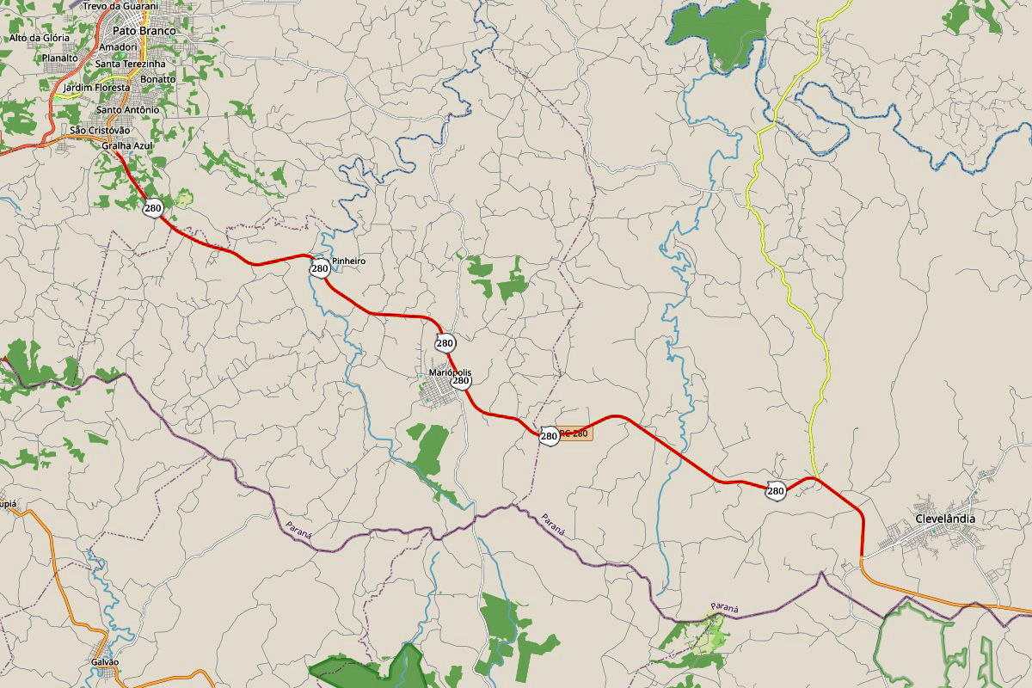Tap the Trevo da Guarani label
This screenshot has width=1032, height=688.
121,6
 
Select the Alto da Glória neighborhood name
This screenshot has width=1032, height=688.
40,38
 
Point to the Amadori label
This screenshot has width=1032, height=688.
119,46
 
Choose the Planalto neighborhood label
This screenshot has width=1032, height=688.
59,58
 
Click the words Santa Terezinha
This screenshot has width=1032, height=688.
131,64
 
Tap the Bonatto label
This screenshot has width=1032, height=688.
157,79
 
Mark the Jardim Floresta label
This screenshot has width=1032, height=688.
97,88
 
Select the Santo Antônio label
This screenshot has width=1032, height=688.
127,110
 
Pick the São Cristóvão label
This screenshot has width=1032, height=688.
100,130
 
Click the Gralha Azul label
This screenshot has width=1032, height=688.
126,146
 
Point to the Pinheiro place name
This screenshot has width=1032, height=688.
348,261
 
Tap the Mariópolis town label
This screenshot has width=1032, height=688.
450,372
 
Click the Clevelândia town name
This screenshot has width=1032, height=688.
945,519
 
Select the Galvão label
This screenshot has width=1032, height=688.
104,662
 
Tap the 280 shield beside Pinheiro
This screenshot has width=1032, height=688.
320,269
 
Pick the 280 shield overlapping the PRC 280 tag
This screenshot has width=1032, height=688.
550,436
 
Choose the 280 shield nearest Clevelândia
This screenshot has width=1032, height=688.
776,491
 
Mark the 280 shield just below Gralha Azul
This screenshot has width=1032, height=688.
153,208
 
